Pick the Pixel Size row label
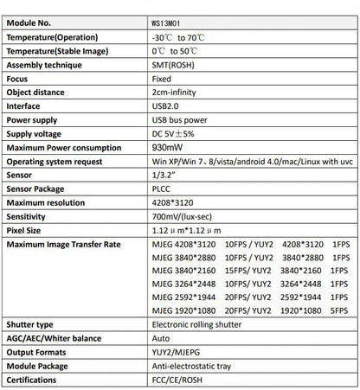pyautogui.click(x=24, y=231)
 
